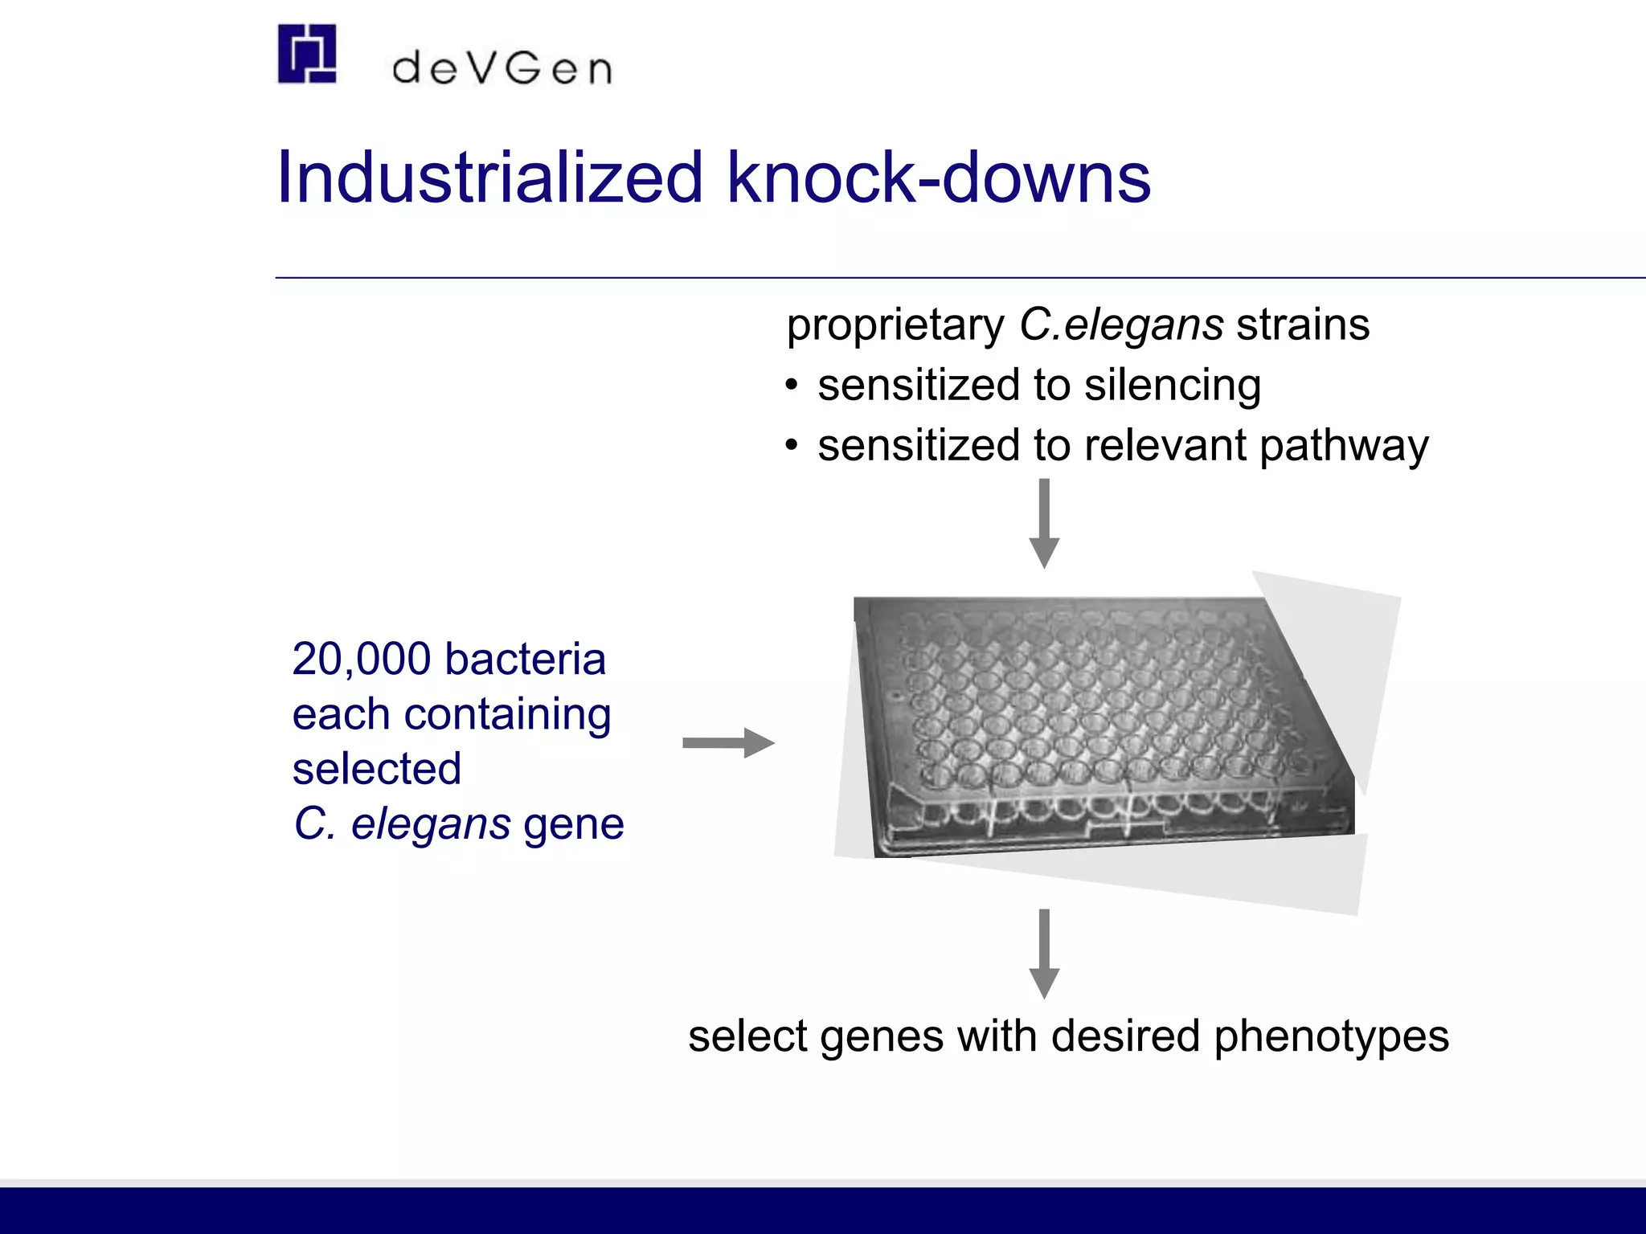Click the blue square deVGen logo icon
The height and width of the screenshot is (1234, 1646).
pyautogui.click(x=306, y=54)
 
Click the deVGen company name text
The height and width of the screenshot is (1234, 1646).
pyautogui.click(x=502, y=69)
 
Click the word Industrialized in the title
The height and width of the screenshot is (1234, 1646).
pyautogui.click(x=489, y=178)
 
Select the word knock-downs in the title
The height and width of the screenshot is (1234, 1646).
pyautogui.click(x=938, y=178)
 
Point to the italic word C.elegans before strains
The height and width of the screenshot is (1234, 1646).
pyautogui.click(x=1121, y=325)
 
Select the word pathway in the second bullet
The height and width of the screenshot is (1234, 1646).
pyautogui.click(x=1344, y=447)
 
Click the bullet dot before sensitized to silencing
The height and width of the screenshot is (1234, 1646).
pyautogui.click(x=792, y=386)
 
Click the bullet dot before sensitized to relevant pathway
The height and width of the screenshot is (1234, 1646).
pyautogui.click(x=792, y=445)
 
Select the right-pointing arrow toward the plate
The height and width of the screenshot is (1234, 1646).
pyautogui.click(x=728, y=743)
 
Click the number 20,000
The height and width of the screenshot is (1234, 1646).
pyautogui.click(x=362, y=660)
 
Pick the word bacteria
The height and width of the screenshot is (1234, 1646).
pyautogui.click(x=525, y=660)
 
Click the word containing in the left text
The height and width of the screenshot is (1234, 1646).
pyautogui.click(x=507, y=714)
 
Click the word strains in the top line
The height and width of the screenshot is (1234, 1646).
pyautogui.click(x=1302, y=325)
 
